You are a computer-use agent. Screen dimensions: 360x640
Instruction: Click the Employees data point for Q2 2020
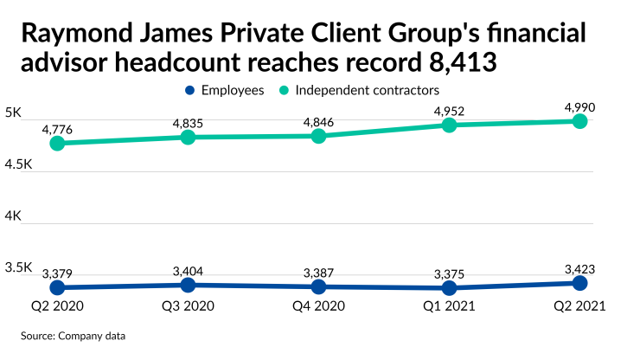click(58, 287)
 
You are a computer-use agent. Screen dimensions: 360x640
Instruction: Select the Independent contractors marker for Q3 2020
click(189, 137)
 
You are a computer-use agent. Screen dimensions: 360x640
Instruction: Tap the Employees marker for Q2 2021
click(579, 283)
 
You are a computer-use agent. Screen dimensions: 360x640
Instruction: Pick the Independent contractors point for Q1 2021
click(449, 125)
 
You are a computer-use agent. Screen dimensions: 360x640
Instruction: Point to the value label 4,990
click(579, 107)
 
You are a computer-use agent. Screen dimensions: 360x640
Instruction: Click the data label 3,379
click(58, 273)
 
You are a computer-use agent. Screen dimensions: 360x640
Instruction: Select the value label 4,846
click(318, 122)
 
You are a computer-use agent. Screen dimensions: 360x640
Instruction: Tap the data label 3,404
click(189, 271)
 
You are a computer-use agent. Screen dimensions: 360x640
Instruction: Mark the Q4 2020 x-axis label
click(318, 305)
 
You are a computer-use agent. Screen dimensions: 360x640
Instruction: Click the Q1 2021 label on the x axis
click(449, 305)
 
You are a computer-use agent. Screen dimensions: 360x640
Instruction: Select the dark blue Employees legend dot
click(189, 90)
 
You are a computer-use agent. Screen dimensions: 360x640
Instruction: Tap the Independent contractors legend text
click(368, 90)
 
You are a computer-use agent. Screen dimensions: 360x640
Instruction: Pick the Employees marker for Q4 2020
click(318, 286)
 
